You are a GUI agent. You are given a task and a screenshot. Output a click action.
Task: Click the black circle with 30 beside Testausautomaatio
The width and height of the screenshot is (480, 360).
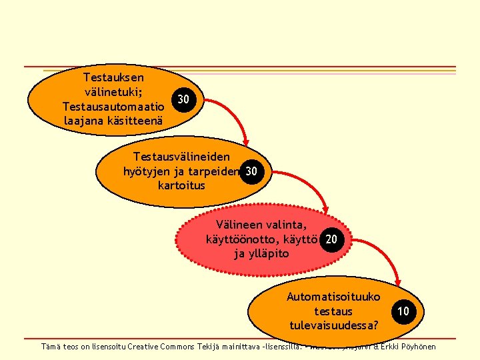tap(184, 100)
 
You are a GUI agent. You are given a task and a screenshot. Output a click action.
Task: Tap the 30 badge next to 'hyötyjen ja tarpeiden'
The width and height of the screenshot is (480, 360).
tap(251, 171)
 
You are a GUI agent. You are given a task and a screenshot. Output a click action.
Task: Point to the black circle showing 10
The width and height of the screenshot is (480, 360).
tap(403, 311)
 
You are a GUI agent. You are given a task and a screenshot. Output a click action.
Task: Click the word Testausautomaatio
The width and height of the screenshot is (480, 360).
tap(113, 106)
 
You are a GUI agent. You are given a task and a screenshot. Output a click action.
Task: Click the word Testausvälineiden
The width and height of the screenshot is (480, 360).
tap(181, 157)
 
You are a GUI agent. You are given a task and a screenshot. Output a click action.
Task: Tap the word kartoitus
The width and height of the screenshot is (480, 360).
tap(181, 185)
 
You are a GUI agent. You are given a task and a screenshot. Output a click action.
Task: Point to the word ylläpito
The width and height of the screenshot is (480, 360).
tap(269, 253)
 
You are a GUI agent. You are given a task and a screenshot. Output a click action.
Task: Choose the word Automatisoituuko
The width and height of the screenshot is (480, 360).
tap(333, 297)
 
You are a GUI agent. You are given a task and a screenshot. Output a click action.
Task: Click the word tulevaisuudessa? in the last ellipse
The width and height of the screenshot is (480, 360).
tap(333, 325)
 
